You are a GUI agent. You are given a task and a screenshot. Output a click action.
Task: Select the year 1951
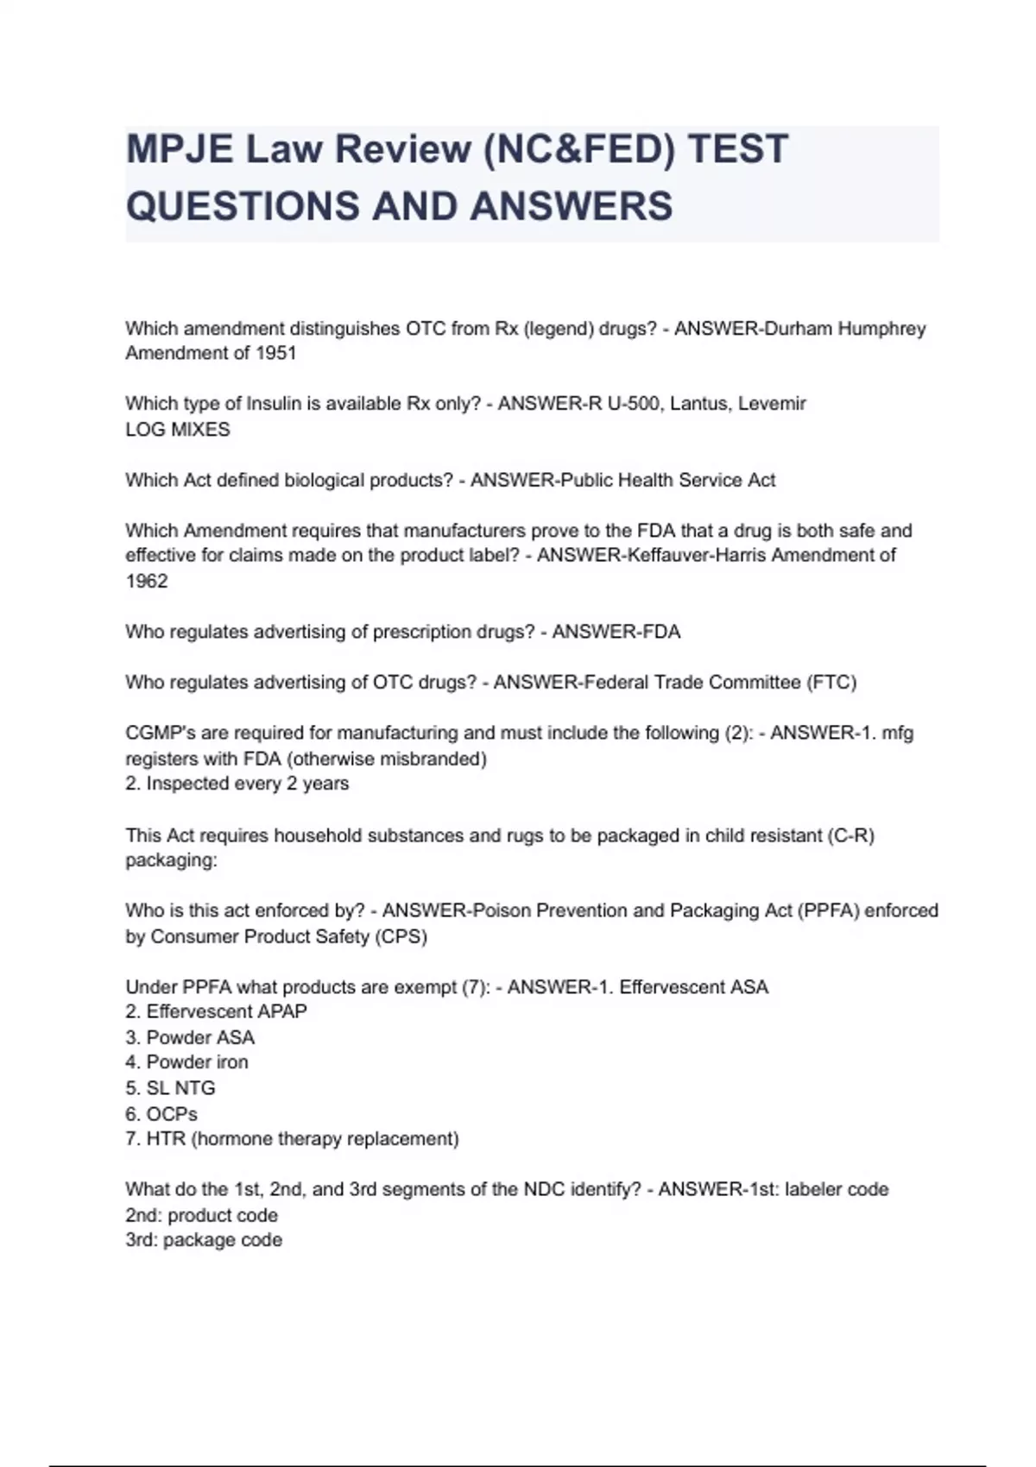click(x=276, y=353)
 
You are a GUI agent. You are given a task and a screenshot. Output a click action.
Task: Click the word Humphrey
click(x=881, y=329)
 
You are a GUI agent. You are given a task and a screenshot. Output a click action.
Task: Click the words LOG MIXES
click(x=178, y=430)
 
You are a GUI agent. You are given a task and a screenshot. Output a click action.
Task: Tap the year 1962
click(x=147, y=582)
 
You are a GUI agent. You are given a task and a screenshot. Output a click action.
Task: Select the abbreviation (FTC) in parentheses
click(x=831, y=683)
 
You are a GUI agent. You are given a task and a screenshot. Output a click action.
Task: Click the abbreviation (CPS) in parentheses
click(x=401, y=936)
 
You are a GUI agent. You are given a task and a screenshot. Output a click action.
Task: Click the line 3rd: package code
click(x=204, y=1240)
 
